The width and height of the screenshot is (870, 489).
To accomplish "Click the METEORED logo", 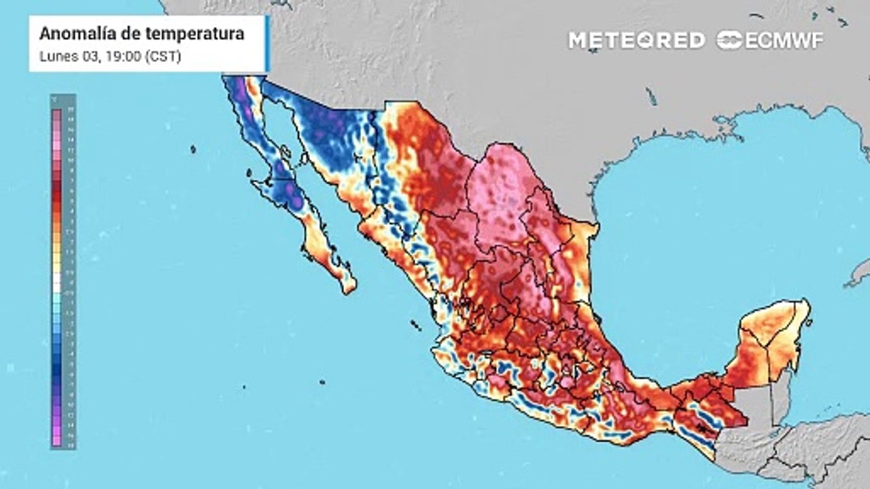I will [x=636, y=40].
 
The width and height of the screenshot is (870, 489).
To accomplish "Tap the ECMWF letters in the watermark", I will [x=784, y=40].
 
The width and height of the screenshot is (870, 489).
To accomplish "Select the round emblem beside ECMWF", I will [x=729, y=40].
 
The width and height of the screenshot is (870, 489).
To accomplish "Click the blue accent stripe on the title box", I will [x=267, y=43].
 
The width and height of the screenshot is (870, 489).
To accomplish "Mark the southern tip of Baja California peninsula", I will [x=349, y=289].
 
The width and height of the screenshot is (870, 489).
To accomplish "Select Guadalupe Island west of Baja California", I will [x=193, y=149].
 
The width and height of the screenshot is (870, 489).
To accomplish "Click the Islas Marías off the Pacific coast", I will [x=413, y=326].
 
